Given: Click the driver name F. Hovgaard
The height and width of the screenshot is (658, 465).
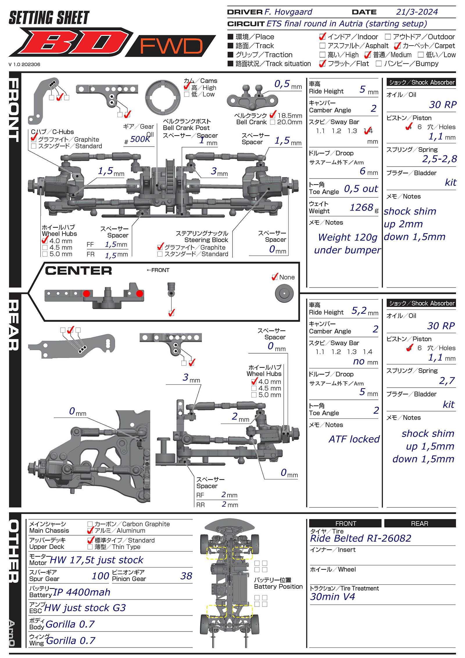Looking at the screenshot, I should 288,12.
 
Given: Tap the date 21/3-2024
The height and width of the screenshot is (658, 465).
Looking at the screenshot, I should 417,12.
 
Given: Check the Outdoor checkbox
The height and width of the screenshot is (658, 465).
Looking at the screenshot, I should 388,37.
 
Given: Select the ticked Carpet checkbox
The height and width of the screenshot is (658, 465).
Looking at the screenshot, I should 397,46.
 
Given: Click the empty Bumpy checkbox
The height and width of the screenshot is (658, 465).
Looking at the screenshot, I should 378,64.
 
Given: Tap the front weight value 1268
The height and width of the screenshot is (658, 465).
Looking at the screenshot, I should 361,208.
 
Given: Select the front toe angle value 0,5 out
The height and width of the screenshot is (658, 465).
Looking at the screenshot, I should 361,189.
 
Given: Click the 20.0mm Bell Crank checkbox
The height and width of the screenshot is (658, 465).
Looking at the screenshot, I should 272,122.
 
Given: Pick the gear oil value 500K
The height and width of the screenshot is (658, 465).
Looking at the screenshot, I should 140,139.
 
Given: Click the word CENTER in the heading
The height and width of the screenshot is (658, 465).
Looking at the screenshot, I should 78,271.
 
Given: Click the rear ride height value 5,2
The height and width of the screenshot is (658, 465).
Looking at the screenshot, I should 359,311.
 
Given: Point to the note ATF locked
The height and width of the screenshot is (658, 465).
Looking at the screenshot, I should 354,439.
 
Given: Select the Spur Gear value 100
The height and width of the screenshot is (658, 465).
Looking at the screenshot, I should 100,576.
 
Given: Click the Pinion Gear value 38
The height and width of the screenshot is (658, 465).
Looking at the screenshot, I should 186,576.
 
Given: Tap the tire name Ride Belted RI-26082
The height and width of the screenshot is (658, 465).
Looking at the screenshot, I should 360,538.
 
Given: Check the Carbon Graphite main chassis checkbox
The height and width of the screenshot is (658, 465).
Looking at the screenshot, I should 90,524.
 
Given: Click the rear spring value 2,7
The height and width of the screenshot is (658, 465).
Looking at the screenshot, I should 447,381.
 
